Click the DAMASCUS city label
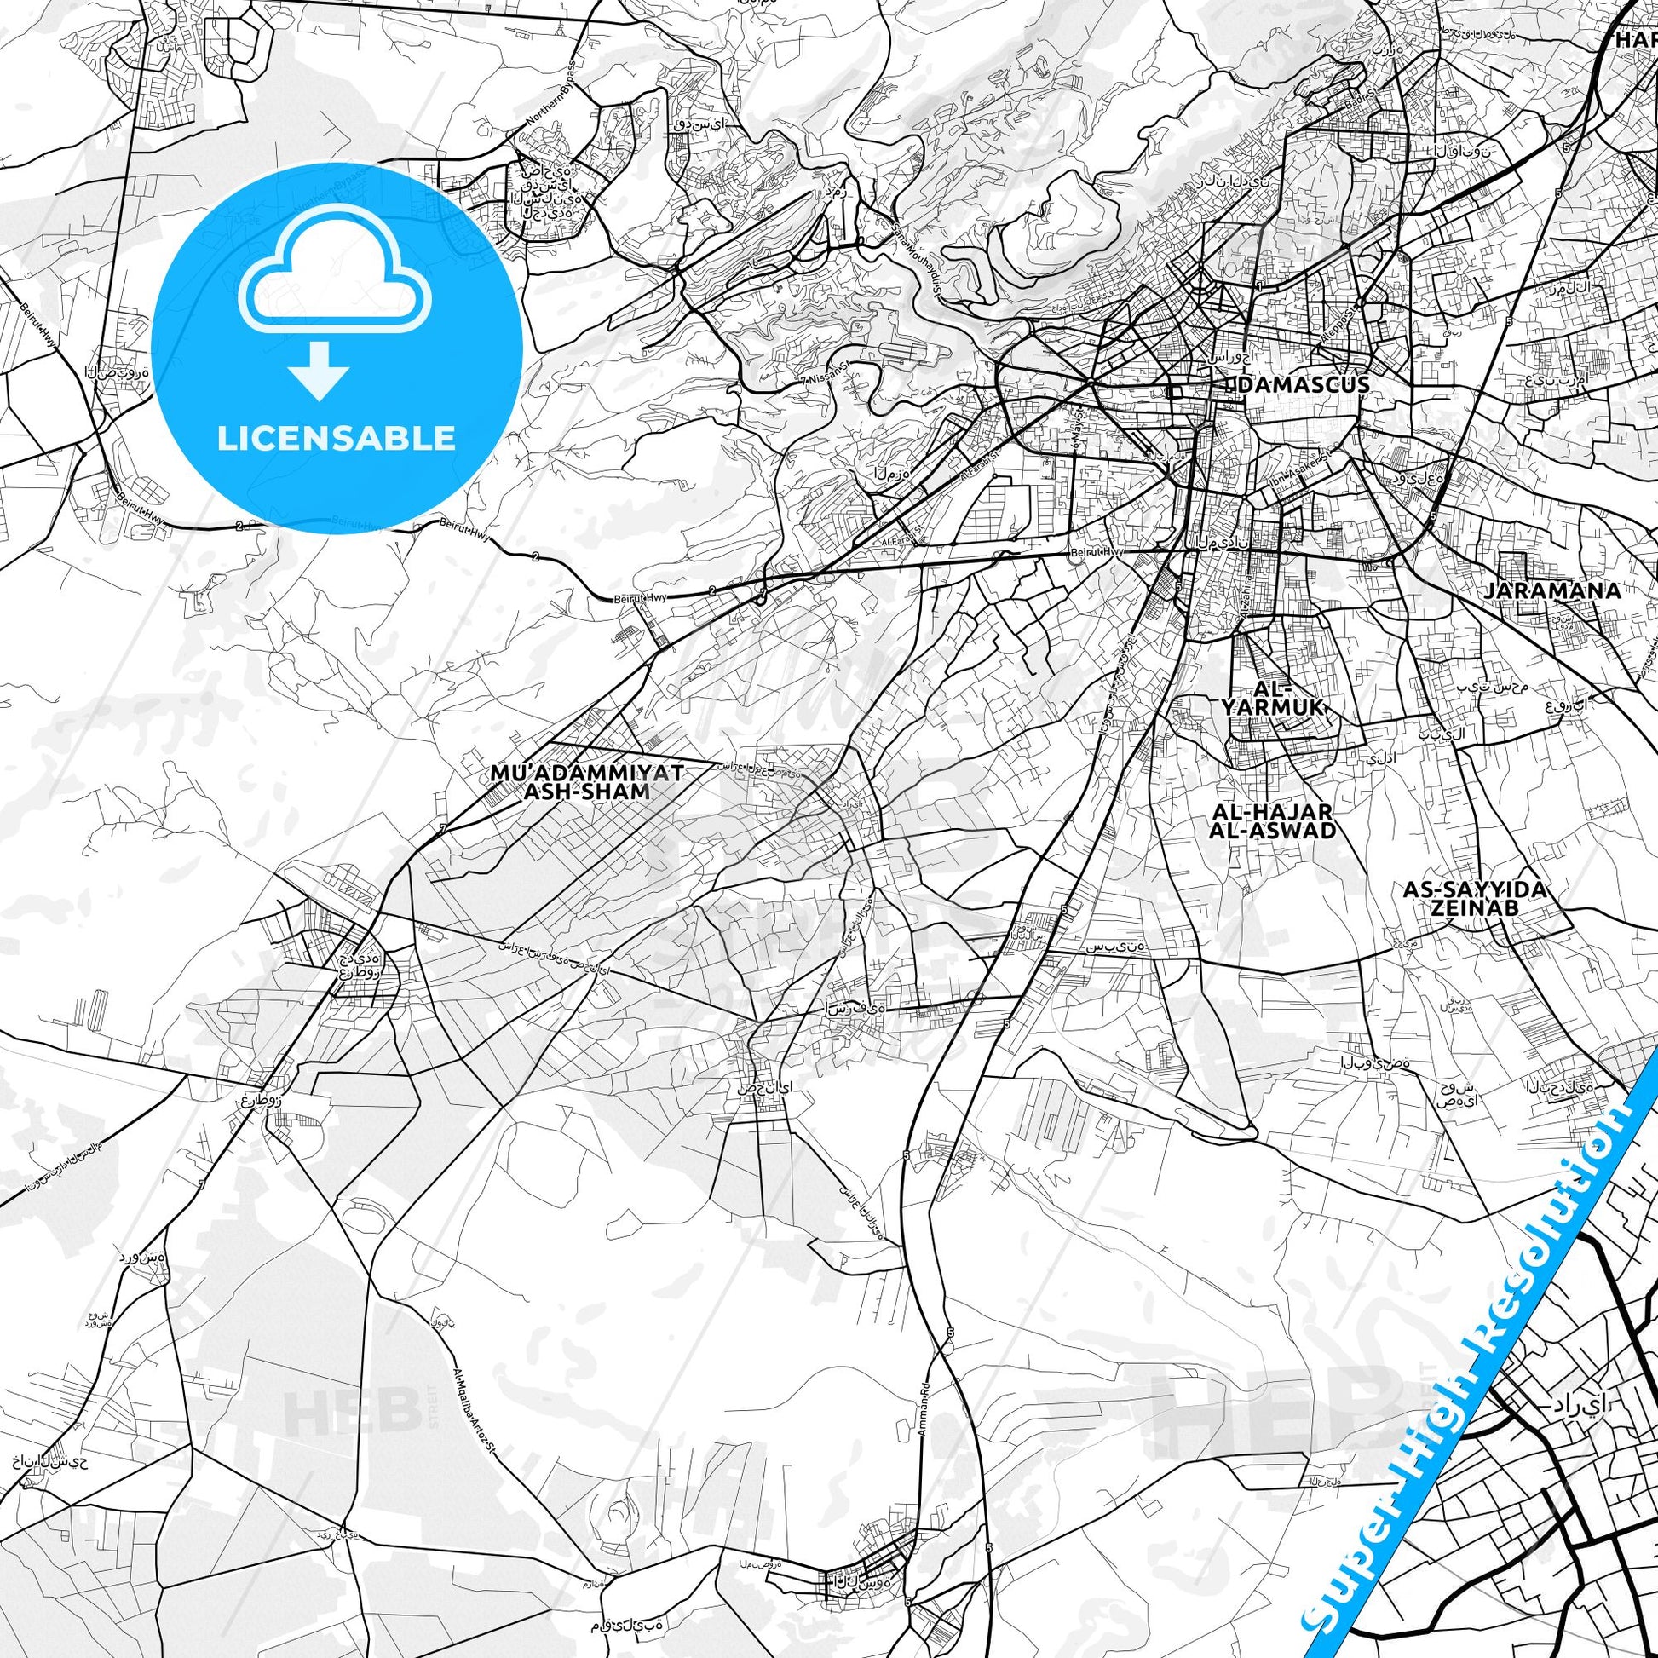pyautogui.click(x=1304, y=383)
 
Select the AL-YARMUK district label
pyautogui.click(x=1276, y=698)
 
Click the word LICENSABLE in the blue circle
pyautogui.click(x=336, y=438)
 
